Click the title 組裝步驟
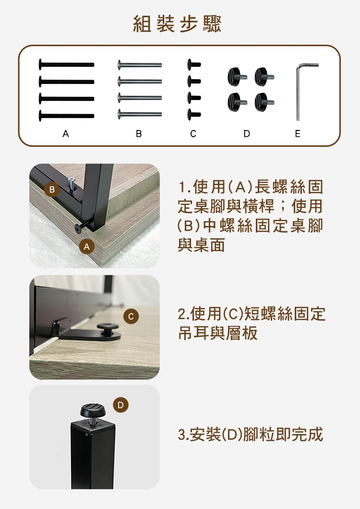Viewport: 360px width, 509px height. pyautogui.click(x=178, y=24)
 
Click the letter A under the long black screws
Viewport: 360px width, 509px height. pyautogui.click(x=66, y=133)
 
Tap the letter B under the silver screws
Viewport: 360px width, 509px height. pyautogui.click(x=139, y=133)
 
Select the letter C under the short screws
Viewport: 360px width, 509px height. pyautogui.click(x=193, y=133)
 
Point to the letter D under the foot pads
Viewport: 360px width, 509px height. pyautogui.click(x=247, y=133)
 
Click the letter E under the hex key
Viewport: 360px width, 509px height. pyautogui.click(x=297, y=133)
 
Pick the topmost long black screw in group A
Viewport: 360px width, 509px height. pyautogui.click(x=66, y=64)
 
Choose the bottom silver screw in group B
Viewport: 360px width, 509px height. pyautogui.click(x=140, y=114)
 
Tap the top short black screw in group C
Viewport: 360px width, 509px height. pyautogui.click(x=194, y=64)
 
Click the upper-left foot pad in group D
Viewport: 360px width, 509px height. pyautogui.click(x=237, y=77)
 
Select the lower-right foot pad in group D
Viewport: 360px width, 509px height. pyautogui.click(x=264, y=102)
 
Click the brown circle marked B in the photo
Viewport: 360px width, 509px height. pyautogui.click(x=52, y=189)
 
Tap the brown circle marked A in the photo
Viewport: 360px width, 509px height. pyautogui.click(x=86, y=247)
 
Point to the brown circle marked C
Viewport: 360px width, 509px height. pyautogui.click(x=131, y=316)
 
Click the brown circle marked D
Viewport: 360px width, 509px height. pyautogui.click(x=120, y=405)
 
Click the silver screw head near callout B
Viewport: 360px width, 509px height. pyautogui.click(x=71, y=179)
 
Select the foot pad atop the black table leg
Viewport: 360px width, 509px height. pyautogui.click(x=93, y=411)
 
